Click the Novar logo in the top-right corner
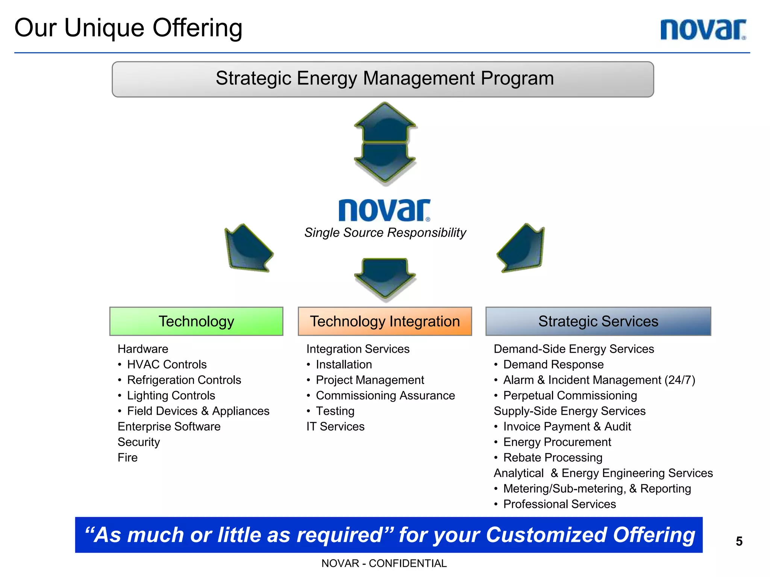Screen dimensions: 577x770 pyautogui.click(x=703, y=30)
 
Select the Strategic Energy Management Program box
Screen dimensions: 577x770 pyautogui.click(x=383, y=79)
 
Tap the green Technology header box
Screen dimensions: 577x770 pyautogui.click(x=196, y=322)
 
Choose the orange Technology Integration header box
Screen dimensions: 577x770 pyautogui.click(x=385, y=322)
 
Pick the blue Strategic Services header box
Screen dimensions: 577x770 pyautogui.click(x=598, y=322)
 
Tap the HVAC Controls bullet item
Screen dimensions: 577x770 pyautogui.click(x=167, y=364)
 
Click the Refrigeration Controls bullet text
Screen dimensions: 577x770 pyautogui.click(x=184, y=380)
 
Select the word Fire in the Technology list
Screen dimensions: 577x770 pyautogui.click(x=127, y=458)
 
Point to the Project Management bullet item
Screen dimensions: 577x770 pyautogui.click(x=370, y=380)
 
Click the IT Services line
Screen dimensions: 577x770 pyautogui.click(x=335, y=427)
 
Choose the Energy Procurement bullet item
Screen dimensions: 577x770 pyautogui.click(x=557, y=442)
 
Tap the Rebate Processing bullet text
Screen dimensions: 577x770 pyautogui.click(x=553, y=458)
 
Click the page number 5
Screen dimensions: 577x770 pyautogui.click(x=739, y=541)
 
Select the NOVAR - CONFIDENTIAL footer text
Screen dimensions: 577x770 pyautogui.click(x=384, y=563)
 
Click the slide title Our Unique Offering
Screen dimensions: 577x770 pyautogui.click(x=128, y=28)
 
